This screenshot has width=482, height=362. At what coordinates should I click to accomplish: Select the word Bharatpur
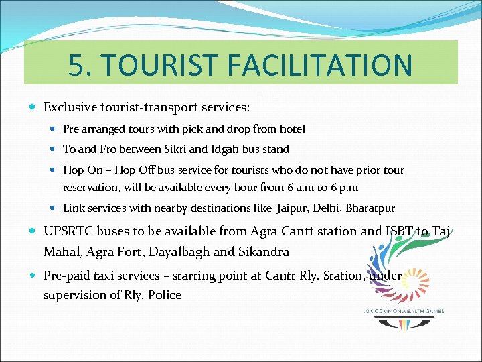tap(370, 208)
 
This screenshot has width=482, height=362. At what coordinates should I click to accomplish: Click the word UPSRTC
tap(68, 231)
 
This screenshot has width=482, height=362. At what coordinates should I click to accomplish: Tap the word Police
tap(165, 295)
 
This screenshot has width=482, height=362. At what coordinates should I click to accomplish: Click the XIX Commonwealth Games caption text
tap(404, 310)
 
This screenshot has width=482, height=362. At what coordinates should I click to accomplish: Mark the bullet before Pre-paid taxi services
tap(34, 276)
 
